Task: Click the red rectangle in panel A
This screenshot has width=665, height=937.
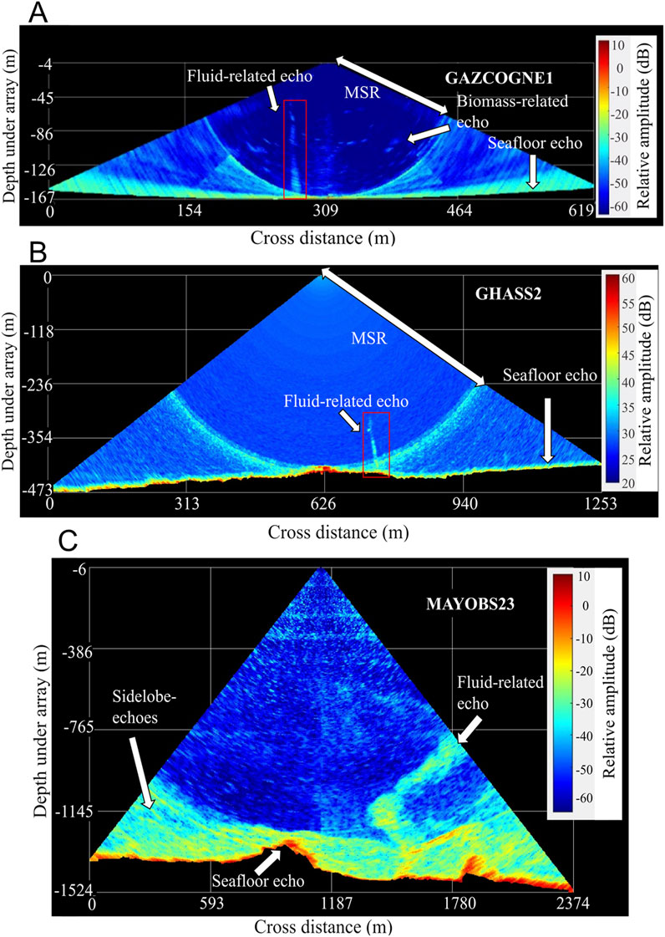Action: point(295,149)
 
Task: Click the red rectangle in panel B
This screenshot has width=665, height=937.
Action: point(377,444)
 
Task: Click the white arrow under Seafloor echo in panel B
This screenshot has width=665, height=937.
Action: point(548,429)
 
